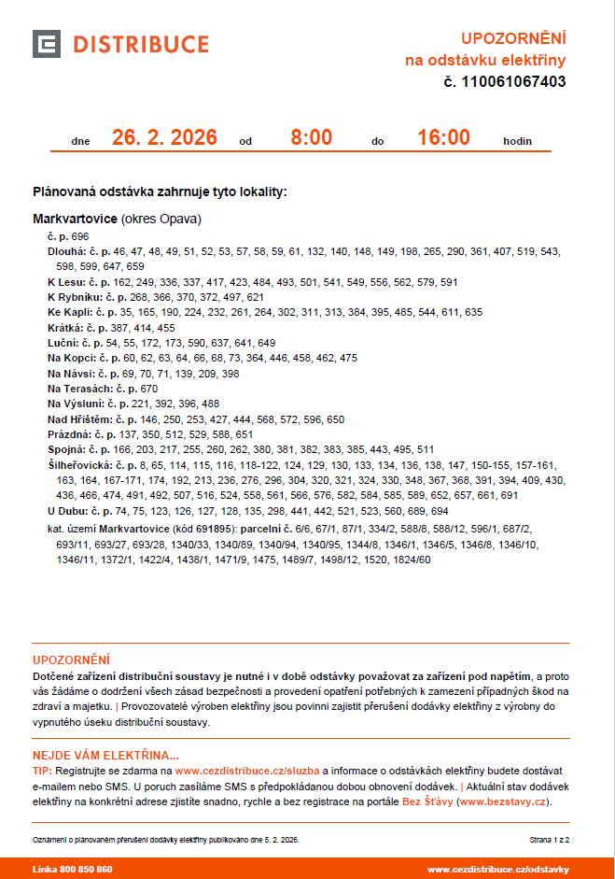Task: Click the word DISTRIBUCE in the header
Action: point(141,45)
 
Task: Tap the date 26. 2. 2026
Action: point(164,138)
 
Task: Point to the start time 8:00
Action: point(311,138)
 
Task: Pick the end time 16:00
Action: point(443,138)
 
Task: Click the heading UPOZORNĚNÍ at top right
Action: point(513,38)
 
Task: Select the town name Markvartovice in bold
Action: point(76,220)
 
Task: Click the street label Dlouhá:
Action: point(67,252)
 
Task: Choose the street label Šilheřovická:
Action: point(80,464)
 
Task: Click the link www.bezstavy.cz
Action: point(509,801)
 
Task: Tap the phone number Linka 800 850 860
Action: point(73,870)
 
